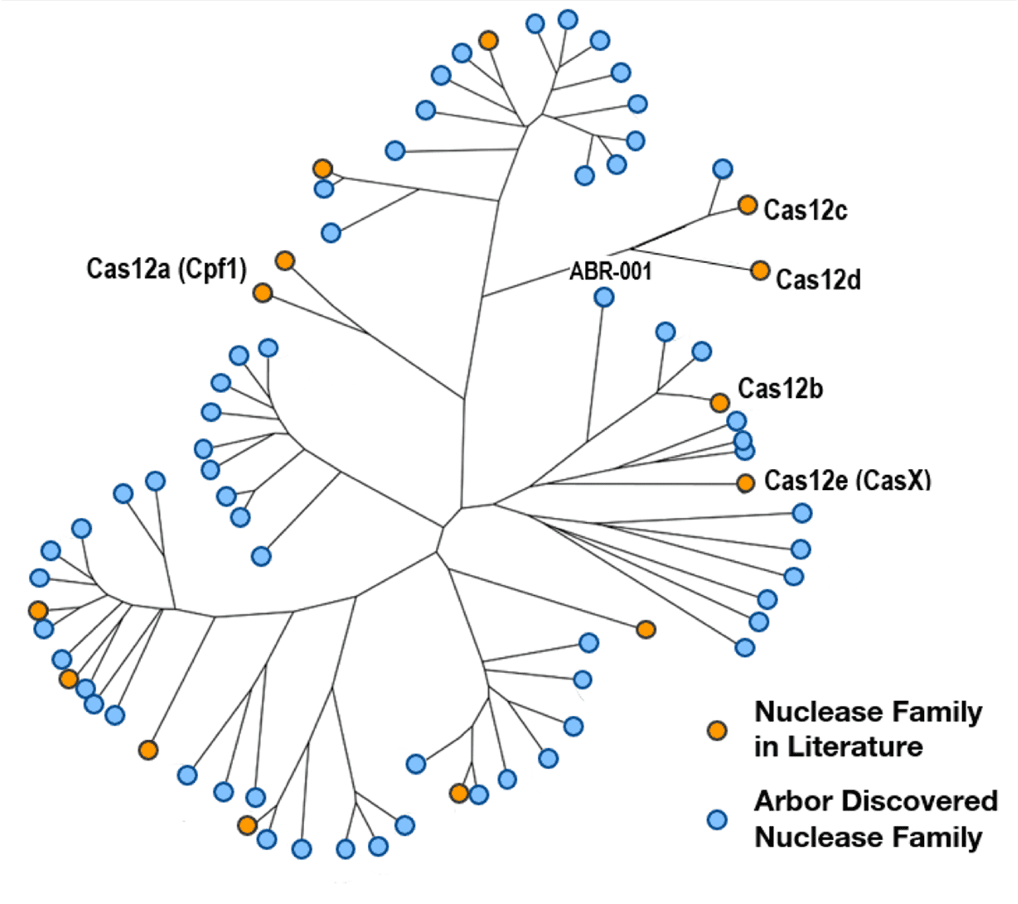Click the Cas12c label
(805, 210)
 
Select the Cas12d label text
(819, 279)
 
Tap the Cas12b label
(780, 388)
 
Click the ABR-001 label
(611, 271)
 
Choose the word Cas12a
(128, 268)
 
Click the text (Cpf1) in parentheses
(212, 269)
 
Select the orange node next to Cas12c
(748, 205)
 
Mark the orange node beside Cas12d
(760, 270)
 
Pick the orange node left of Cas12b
(720, 403)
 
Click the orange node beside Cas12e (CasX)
(746, 483)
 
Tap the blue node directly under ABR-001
(604, 298)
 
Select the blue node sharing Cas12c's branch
(722, 169)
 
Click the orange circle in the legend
(717, 731)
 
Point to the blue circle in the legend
(717, 820)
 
